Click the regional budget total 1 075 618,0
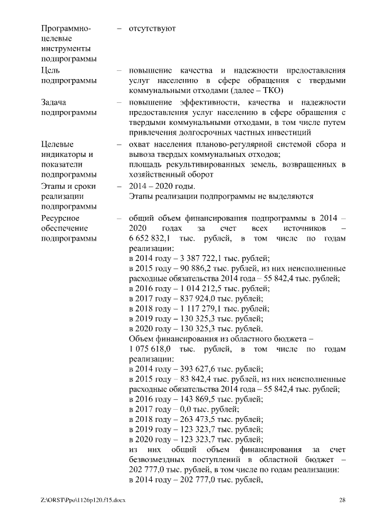click(x=149, y=349)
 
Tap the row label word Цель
click(x=51, y=70)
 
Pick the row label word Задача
click(x=54, y=102)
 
